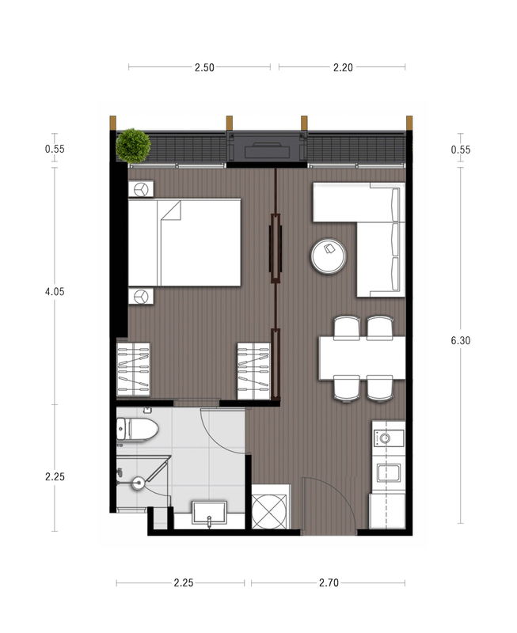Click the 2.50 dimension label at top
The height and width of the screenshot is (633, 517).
coord(204,67)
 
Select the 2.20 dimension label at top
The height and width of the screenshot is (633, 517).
coord(343,67)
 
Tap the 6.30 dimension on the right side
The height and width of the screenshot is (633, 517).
coord(461,340)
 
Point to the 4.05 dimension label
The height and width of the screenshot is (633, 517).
coord(55,291)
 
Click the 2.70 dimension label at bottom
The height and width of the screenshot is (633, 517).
coord(329,582)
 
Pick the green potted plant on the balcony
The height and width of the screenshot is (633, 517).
coord(133,146)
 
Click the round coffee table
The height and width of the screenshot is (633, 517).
coord(329,256)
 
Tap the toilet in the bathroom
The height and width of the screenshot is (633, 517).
coord(137,429)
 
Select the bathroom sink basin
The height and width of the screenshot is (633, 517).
coord(209,514)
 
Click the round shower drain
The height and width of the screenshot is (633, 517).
coord(139,482)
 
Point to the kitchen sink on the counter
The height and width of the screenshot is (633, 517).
coord(389,473)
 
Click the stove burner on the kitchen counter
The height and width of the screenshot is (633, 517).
coord(385,438)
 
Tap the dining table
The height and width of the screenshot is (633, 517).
coord(362,358)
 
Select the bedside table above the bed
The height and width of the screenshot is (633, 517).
coord(141,188)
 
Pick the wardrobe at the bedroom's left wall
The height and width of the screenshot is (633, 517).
coord(133,370)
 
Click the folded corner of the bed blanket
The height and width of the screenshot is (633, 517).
coord(171,210)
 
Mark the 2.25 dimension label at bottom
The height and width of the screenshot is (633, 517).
coord(184,582)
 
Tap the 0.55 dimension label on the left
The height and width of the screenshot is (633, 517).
coord(55,149)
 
